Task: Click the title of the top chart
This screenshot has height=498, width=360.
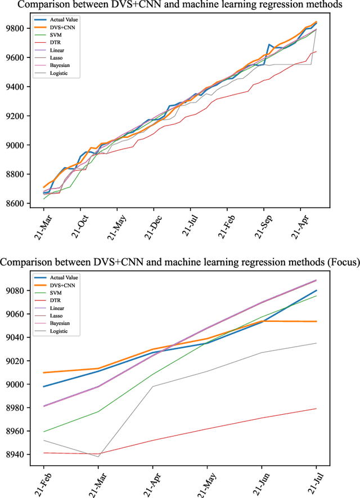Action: [x=180, y=5]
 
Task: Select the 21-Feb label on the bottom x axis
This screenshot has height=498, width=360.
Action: [x=42, y=478]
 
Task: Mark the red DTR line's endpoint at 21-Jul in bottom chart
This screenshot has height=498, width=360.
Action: [x=316, y=409]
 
